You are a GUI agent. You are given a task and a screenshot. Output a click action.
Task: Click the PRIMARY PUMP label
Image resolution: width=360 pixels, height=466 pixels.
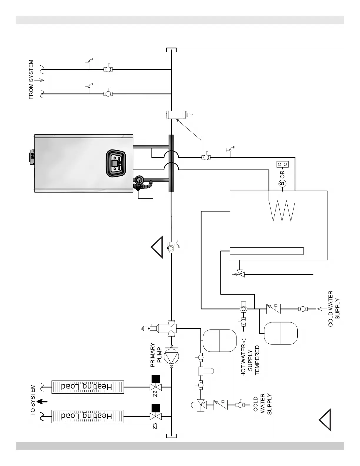tap(156, 355)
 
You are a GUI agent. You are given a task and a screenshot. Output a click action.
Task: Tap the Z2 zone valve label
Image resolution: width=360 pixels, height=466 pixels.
tap(155, 394)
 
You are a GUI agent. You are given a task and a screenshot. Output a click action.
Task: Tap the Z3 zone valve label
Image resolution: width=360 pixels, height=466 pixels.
tap(155, 426)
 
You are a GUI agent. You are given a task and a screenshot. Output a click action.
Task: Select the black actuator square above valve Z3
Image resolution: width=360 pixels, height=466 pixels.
tap(156, 408)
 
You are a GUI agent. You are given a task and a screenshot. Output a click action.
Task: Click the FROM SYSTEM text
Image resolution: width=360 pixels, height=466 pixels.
tap(31, 80)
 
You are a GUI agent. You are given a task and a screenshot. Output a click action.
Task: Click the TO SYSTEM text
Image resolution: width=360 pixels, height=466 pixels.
tap(33, 400)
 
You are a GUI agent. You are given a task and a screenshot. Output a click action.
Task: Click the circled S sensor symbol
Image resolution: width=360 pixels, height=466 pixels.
tap(282, 184)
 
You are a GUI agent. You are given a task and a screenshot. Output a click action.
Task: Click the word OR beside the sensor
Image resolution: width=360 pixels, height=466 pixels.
tap(282, 174)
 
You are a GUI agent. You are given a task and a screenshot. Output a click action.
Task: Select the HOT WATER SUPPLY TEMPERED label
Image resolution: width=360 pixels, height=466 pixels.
tap(250, 360)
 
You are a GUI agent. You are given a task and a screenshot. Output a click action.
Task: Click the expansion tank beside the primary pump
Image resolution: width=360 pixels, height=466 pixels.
tap(220, 341)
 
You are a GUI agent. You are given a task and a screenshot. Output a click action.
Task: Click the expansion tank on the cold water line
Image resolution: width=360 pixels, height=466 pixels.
tap(281, 333)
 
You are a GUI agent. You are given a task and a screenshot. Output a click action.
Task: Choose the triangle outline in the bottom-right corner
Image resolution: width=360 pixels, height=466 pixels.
tap(326, 420)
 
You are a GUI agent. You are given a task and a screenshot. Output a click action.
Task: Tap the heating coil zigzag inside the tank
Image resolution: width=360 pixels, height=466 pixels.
tap(282, 209)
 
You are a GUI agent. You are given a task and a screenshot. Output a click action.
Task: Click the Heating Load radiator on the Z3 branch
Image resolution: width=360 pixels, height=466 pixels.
tap(88, 416)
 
